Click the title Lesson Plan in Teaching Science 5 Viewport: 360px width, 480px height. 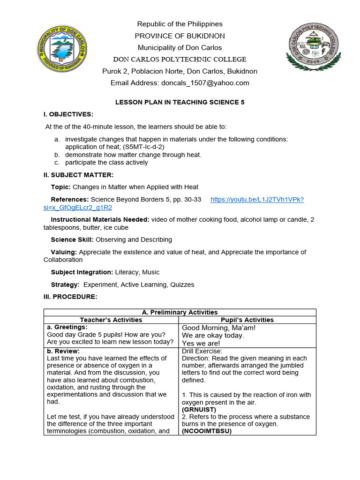coord(180,102)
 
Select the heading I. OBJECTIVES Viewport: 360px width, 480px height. coord(68,114)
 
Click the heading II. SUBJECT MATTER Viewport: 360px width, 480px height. coord(79,175)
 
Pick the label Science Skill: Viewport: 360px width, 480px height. coord(72,240)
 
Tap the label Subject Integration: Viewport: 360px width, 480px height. coord(82,272)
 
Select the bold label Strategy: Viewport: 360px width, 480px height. coord(65,285)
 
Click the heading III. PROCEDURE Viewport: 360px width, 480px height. coord(70,297)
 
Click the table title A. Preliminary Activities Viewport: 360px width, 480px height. coord(180,312)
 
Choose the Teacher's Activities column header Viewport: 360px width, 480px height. coord(111,320)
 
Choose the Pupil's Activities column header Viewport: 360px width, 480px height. coord(247,320)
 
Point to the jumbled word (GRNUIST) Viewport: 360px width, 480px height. coord(199,409)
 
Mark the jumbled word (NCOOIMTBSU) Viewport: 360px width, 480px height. coord(207,431)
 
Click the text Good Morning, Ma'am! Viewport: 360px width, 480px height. coord(218,328)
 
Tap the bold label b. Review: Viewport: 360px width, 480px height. coord(63,351)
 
